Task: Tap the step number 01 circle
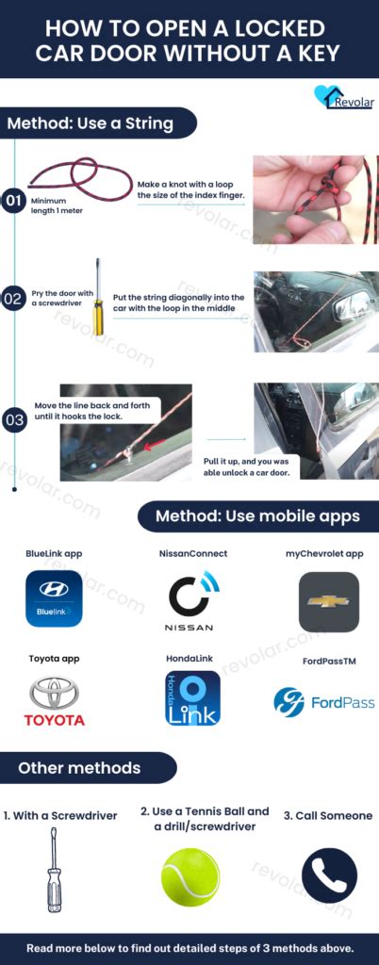click(13, 201)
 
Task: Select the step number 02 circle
click(13, 299)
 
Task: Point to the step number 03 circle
click(13, 420)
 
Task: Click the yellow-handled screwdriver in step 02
click(97, 297)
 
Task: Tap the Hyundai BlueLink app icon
click(54, 598)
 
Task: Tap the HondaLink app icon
click(192, 698)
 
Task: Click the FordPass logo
click(323, 702)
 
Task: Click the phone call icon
click(328, 875)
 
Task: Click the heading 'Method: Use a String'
click(92, 123)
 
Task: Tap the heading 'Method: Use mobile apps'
click(258, 515)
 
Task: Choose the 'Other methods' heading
click(79, 768)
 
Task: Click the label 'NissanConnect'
click(192, 553)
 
